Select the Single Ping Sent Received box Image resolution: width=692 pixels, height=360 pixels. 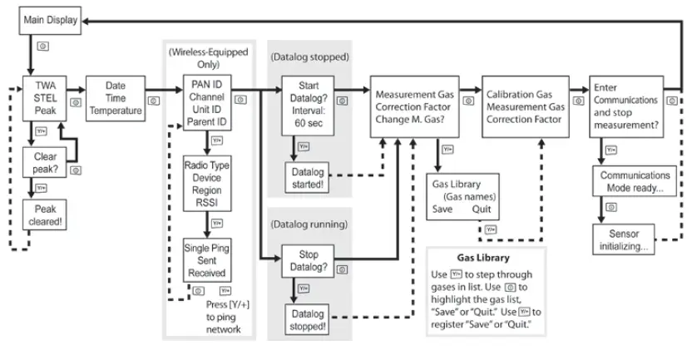(x=206, y=259)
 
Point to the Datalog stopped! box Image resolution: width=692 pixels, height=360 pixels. (x=310, y=319)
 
